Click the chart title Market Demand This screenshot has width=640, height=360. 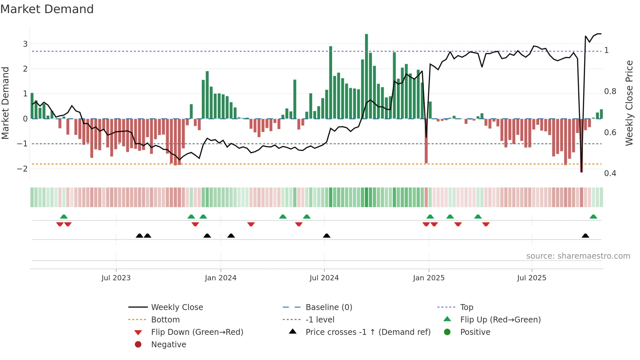(x=47, y=9)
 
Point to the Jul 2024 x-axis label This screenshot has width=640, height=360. (x=324, y=278)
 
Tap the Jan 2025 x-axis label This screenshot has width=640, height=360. (x=428, y=278)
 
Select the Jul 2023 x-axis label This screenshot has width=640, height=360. (x=116, y=278)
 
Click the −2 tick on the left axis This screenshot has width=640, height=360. (x=23, y=169)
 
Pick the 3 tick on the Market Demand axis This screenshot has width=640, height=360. (x=25, y=44)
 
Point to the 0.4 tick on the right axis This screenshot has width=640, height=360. (x=610, y=173)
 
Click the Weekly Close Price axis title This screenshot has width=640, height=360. (x=629, y=103)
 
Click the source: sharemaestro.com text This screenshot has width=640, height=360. (x=578, y=256)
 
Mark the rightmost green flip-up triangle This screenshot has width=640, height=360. (x=593, y=217)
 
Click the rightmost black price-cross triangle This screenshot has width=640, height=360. (x=585, y=236)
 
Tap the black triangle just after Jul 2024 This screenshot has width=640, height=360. (x=327, y=236)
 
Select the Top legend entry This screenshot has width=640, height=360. (x=466, y=307)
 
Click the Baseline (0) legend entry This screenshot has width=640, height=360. (x=328, y=307)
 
